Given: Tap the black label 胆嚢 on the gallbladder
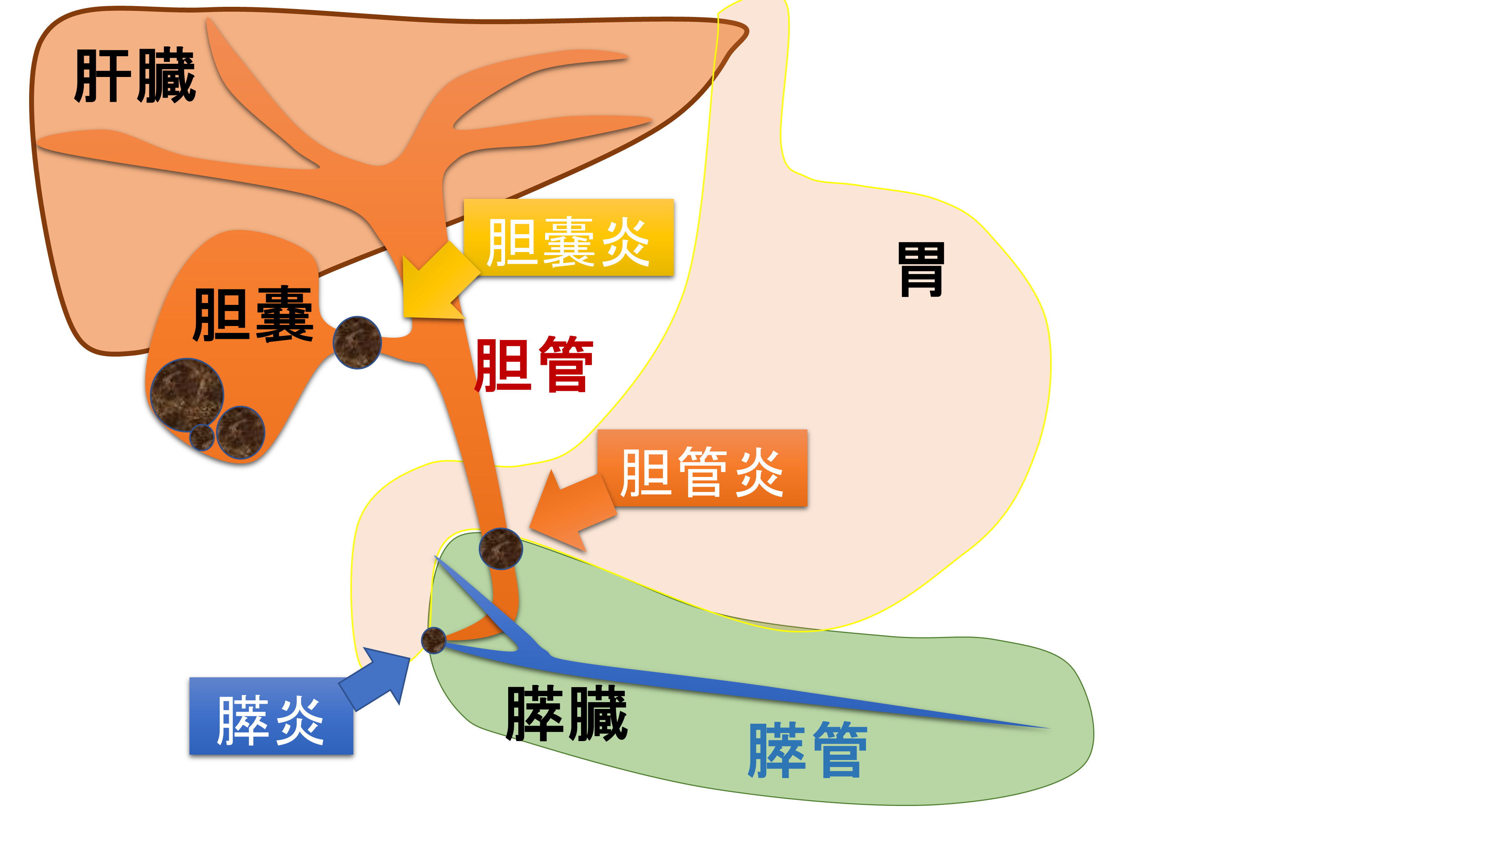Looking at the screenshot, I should [253, 315].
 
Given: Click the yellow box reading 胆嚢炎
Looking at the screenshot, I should [569, 238].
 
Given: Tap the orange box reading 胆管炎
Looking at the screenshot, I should [702, 469].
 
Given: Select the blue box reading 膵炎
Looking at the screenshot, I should [271, 717].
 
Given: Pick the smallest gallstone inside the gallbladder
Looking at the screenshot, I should [202, 437].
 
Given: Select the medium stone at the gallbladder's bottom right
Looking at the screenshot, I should [240, 432].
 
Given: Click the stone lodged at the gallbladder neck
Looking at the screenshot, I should [357, 342].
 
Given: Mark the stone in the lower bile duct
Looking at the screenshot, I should [500, 548].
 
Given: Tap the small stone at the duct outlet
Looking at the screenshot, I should [434, 640].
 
